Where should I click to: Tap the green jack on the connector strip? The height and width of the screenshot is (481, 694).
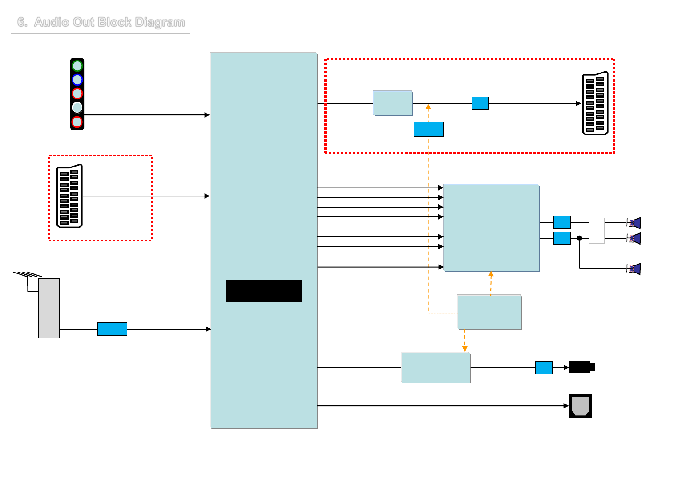click(77, 66)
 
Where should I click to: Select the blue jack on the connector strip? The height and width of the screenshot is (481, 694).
click(77, 80)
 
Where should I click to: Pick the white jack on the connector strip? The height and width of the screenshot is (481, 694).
click(77, 107)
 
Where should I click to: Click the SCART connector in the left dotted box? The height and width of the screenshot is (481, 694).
click(70, 196)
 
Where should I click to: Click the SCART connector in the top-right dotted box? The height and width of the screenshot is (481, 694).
click(595, 103)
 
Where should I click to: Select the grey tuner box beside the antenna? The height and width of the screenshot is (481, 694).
click(49, 308)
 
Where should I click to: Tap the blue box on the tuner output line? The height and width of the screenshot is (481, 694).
click(112, 329)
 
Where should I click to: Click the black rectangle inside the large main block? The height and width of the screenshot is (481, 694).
click(264, 291)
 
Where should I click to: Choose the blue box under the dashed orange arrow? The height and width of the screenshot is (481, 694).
click(428, 129)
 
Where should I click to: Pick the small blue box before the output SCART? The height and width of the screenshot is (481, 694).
click(480, 103)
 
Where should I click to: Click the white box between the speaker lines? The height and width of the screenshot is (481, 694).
click(597, 230)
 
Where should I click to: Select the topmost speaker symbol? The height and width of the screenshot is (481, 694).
click(634, 223)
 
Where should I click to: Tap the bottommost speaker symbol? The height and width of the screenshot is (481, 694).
click(634, 269)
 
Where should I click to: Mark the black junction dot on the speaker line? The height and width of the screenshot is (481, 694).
click(579, 238)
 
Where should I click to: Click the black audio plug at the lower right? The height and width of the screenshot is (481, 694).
click(581, 367)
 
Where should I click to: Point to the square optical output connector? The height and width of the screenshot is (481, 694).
click(581, 406)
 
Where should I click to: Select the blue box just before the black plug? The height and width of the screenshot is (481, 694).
click(544, 367)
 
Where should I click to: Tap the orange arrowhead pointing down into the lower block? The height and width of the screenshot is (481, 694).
click(465, 349)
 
